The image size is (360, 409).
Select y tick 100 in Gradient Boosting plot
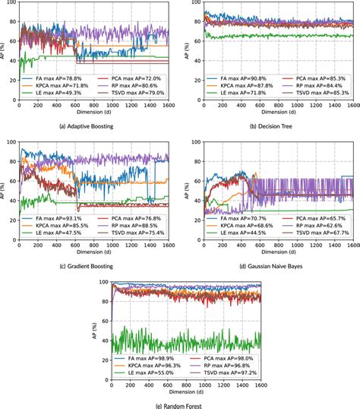pyautogui.click(x=12, y=141)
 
